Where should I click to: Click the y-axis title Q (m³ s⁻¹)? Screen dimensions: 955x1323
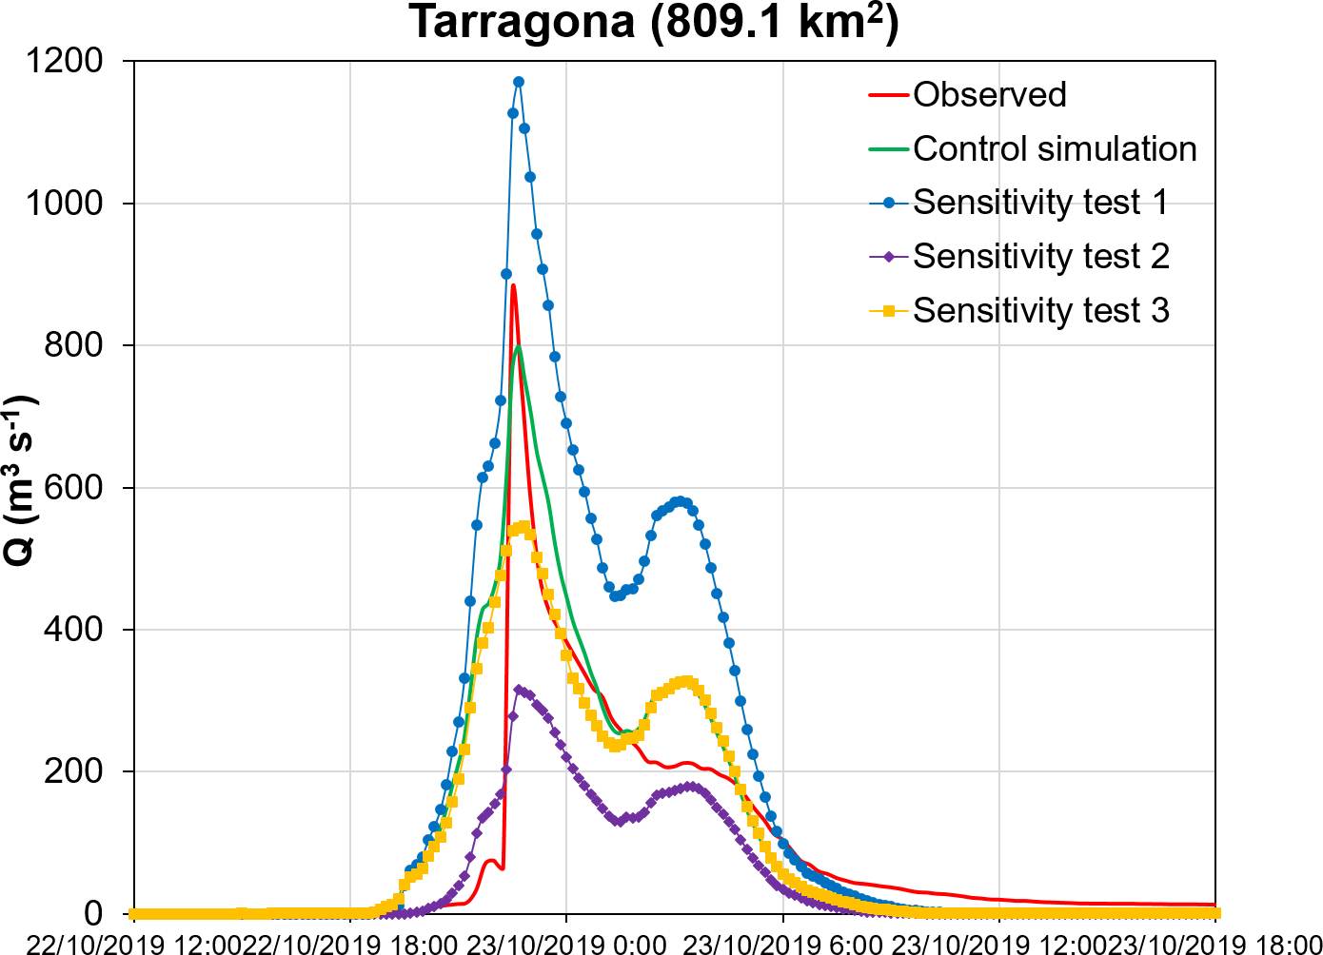point(20,479)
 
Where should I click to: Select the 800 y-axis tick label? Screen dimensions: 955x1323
point(73,345)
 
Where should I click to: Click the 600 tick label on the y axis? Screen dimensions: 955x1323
point(73,487)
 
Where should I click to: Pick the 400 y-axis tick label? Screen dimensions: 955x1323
point(73,629)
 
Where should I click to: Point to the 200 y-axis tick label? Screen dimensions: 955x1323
point(73,770)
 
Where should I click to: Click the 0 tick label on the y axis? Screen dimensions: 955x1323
point(93,913)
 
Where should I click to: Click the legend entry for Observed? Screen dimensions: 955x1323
point(989,95)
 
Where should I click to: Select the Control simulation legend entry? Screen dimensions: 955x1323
point(1054,149)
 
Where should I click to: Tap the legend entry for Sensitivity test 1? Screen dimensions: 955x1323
point(1040,203)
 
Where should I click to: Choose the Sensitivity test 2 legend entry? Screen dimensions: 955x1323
point(1040,257)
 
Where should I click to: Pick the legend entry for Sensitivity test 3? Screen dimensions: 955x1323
point(1040,311)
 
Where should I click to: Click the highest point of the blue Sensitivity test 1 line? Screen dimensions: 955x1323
point(519,82)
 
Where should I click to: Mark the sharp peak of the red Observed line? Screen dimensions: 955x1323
point(513,284)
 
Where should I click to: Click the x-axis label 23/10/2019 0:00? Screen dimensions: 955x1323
point(567,945)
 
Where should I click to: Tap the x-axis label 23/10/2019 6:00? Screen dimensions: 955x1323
point(782,945)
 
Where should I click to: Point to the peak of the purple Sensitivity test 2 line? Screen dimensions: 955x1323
point(519,690)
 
